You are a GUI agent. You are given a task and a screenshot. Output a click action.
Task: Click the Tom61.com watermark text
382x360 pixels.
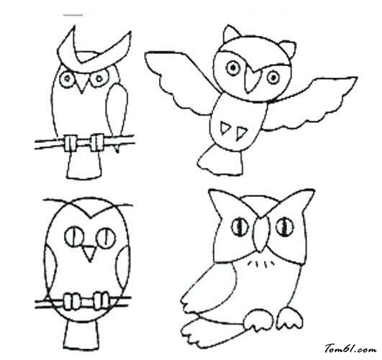350,349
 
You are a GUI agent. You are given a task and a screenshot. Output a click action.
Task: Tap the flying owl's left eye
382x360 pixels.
233,68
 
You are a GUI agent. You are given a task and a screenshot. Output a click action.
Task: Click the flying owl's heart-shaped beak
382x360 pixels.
253,78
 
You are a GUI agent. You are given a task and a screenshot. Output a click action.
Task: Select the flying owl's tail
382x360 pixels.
221,160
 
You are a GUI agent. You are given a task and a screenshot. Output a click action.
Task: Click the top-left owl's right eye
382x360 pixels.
99,78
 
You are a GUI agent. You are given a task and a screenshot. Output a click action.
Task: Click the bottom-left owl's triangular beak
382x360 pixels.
89,254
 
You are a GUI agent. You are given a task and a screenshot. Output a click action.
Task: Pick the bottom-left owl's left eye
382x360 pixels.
74,236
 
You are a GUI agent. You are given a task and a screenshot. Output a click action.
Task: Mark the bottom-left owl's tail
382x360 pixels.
82,335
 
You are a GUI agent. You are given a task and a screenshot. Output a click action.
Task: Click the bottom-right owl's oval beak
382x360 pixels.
261,234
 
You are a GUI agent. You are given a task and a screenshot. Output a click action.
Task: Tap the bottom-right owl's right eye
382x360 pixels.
284,227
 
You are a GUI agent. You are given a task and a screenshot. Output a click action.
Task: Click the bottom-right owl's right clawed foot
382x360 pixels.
291,318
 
